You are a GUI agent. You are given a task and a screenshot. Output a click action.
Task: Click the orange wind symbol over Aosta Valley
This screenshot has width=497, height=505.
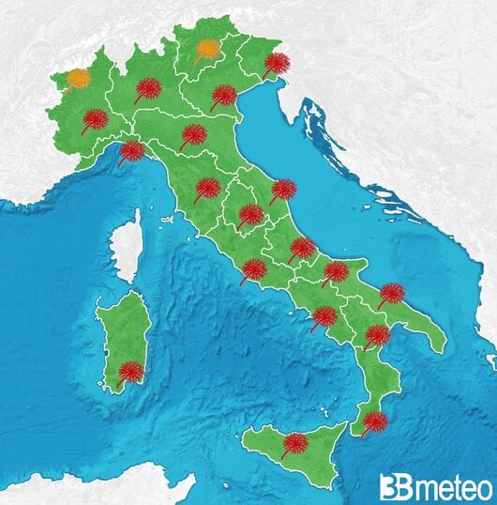click(79, 78)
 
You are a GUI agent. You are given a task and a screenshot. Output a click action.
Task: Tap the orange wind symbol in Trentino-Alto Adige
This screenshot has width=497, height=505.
click(208, 49)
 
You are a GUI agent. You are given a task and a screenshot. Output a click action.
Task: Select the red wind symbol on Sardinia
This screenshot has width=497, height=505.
click(132, 372)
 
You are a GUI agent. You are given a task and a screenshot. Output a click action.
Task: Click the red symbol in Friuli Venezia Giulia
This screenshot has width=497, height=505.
click(277, 64)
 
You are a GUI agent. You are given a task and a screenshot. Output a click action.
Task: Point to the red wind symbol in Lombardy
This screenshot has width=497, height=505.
click(148, 89)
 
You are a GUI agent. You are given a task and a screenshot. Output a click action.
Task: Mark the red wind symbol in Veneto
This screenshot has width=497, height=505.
click(224, 95)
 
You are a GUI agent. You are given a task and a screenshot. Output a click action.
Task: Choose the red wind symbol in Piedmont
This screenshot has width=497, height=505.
click(96, 119)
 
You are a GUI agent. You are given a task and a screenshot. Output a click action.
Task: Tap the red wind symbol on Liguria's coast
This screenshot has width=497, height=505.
click(132, 150)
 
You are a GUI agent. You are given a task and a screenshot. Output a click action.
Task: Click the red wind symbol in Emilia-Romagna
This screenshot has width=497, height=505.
click(193, 134)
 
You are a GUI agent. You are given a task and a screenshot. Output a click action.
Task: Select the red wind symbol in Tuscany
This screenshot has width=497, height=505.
click(207, 188)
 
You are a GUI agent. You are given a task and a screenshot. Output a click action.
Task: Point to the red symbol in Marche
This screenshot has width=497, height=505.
click(283, 190)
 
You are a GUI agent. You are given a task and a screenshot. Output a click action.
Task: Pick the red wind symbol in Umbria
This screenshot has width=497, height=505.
click(250, 215)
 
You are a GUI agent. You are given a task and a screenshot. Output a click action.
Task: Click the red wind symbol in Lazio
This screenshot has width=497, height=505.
click(254, 269)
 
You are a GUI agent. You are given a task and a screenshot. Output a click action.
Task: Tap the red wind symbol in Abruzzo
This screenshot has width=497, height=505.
click(302, 248)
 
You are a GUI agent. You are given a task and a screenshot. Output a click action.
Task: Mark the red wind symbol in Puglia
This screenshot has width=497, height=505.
click(392, 293)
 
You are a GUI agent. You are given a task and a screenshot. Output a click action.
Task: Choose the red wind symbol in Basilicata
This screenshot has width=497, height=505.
click(377, 335)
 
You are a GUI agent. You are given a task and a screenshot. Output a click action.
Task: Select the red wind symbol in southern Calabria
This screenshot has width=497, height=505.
click(374, 421)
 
